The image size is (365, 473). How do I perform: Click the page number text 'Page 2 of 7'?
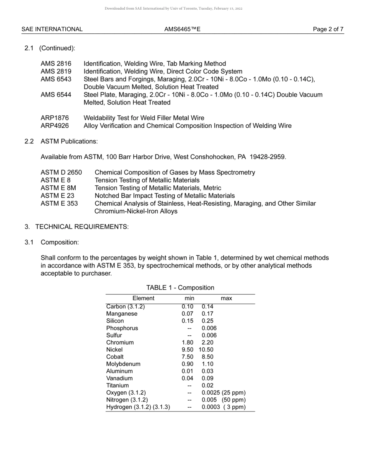pos(328,29)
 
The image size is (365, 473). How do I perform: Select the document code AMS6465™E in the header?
pos(182,29)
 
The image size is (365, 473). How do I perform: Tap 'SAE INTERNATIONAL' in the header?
pos(52,29)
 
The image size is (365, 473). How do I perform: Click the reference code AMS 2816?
pos(56,63)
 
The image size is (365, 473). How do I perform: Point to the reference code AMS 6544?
pos(56,95)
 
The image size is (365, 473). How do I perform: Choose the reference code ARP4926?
pos(55,126)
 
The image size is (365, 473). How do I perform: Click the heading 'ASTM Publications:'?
pos(69,142)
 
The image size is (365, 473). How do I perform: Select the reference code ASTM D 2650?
pos(61,172)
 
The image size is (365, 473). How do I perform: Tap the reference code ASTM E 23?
pos(57,196)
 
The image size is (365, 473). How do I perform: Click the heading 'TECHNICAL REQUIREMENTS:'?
pos(82,227)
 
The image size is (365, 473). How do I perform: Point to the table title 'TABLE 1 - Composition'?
pos(180,288)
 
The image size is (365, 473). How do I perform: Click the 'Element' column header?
pos(143,298)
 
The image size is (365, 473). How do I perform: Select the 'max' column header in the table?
pos(226,298)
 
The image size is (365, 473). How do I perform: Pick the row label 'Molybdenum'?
pos(123,364)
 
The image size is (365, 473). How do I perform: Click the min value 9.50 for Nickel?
pos(187,350)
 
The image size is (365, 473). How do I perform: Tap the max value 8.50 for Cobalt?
pos(207,357)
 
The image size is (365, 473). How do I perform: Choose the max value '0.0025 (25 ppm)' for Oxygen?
pos(223,393)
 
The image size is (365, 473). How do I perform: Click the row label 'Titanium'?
pos(117,385)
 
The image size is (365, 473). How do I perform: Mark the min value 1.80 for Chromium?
pos(187,342)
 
